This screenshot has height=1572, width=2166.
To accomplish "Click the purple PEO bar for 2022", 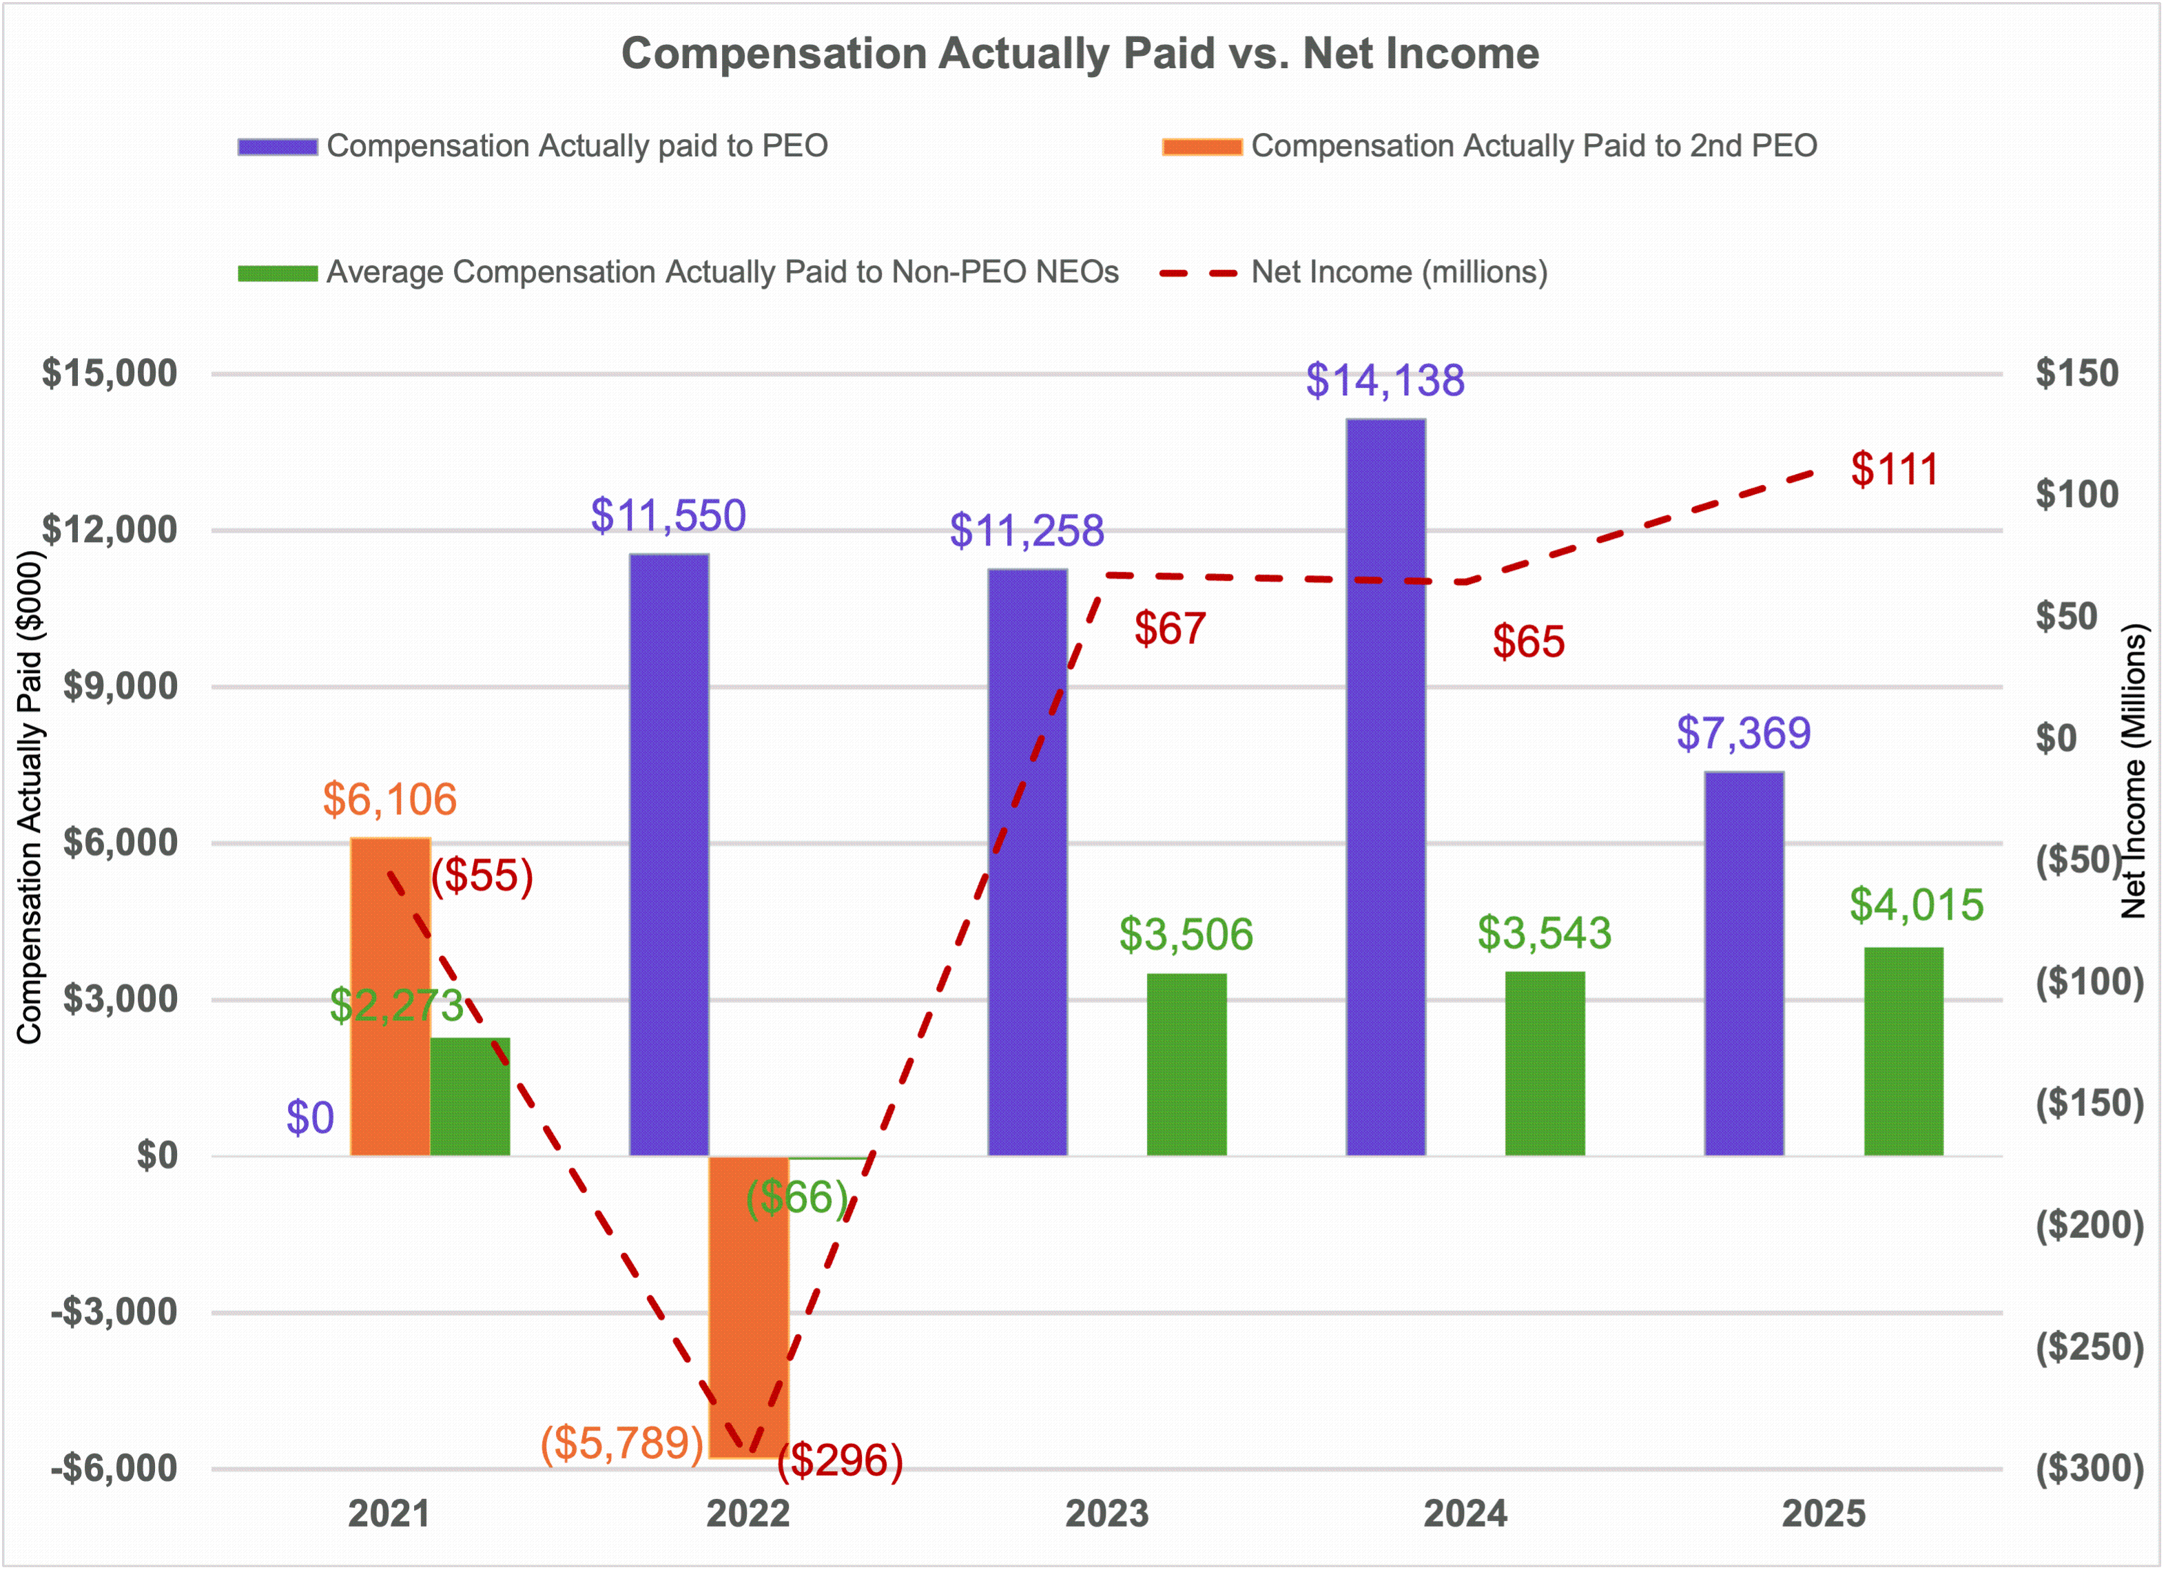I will pyautogui.click(x=668, y=855).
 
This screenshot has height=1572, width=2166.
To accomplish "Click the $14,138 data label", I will pyautogui.click(x=1385, y=380).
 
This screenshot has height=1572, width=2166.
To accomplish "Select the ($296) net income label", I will pyautogui.click(x=840, y=1460).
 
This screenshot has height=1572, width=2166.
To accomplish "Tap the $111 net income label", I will pyautogui.click(x=1894, y=469).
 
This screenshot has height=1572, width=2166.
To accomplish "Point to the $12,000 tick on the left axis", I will pyautogui.click(x=110, y=529).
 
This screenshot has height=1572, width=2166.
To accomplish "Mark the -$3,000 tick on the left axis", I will pyautogui.click(x=114, y=1312).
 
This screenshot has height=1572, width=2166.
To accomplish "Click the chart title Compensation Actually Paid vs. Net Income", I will pyautogui.click(x=1080, y=54).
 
